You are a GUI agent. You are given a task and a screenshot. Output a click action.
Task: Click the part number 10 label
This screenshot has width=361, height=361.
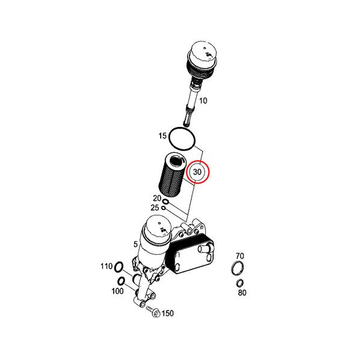[x=203, y=100]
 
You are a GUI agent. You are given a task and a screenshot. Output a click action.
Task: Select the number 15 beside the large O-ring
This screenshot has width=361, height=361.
[x=162, y=135]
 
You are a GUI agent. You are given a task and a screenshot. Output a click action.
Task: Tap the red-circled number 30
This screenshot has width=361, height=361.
[x=197, y=172]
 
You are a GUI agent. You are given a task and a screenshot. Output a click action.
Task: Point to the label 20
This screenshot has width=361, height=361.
[x=157, y=198]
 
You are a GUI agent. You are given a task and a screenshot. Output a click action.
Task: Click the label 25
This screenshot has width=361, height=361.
[x=155, y=208]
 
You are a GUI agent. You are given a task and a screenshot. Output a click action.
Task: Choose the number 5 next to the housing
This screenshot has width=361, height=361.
[x=135, y=244]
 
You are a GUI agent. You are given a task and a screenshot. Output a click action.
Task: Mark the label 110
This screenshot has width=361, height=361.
[x=106, y=267]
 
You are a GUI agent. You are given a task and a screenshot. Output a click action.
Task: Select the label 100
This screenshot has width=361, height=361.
[x=117, y=291]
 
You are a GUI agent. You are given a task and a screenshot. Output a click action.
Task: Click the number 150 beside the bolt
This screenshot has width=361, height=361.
[x=168, y=313]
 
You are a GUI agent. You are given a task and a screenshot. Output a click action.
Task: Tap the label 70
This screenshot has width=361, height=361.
[x=239, y=256]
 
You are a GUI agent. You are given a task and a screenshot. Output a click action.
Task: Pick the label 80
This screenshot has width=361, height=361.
[x=242, y=292]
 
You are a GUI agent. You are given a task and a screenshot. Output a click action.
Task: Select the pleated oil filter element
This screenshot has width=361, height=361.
[x=171, y=176]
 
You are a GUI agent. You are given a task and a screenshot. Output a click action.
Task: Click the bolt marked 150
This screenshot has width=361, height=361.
[x=153, y=311]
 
